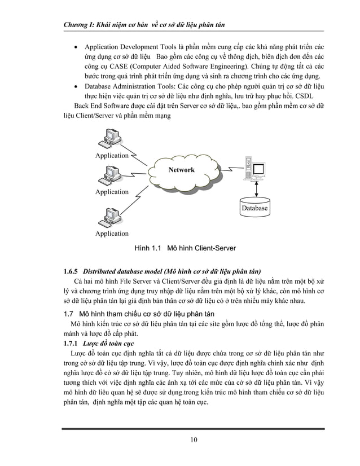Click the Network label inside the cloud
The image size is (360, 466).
pos(181,170)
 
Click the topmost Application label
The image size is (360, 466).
pos(112,156)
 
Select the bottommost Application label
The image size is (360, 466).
pos(112,234)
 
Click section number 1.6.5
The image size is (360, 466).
pos(72,270)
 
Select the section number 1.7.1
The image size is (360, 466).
pos(71,342)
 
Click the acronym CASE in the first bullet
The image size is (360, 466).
pos(120,67)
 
